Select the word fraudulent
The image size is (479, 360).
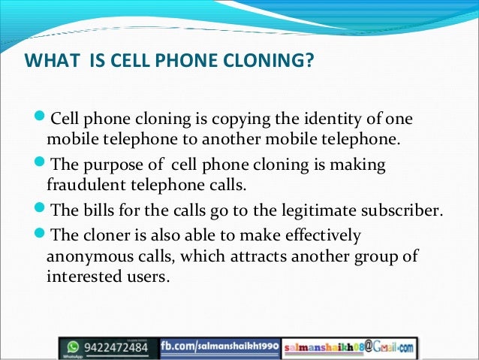click(80, 183)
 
